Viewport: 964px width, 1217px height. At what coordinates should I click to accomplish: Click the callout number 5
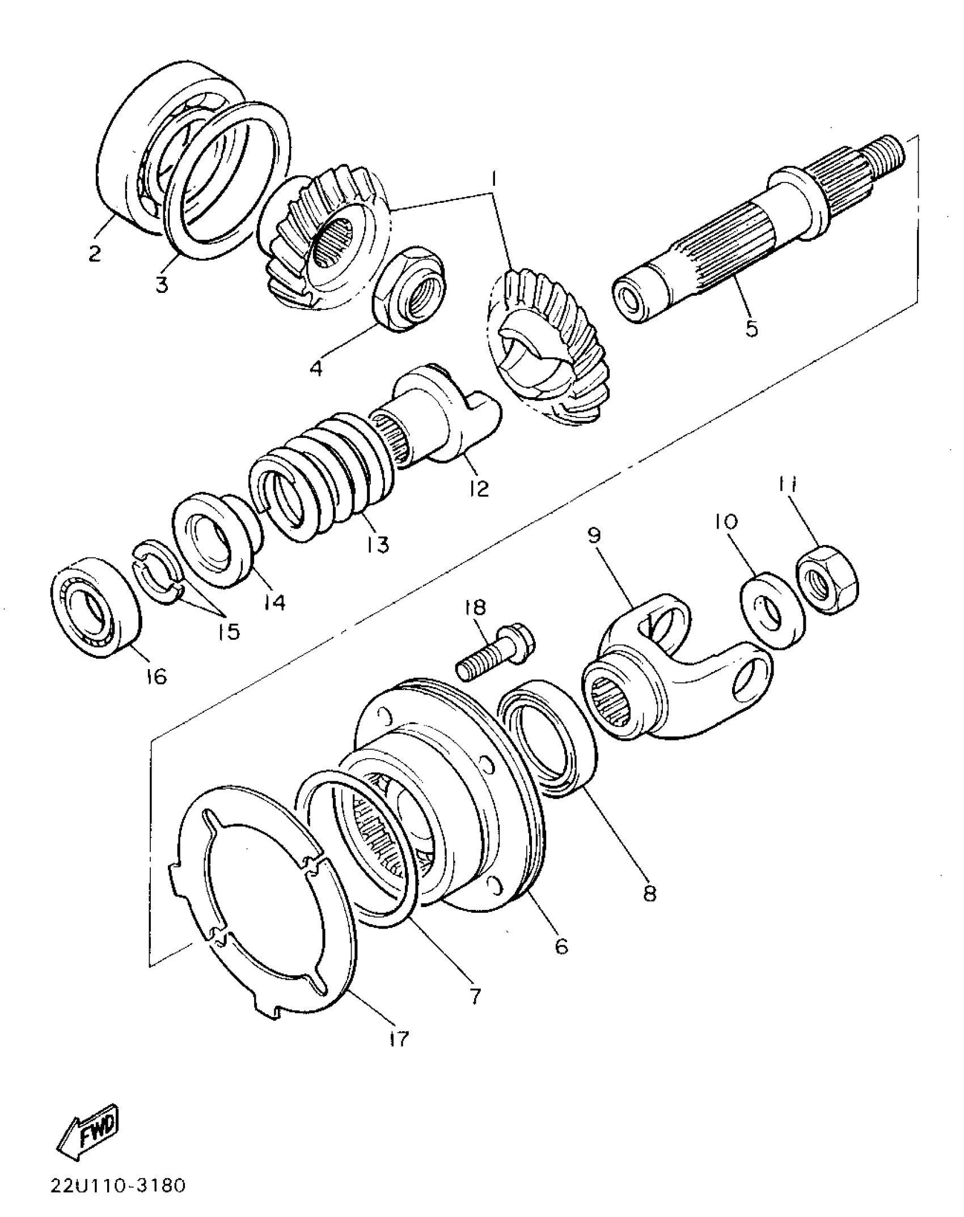tap(751, 327)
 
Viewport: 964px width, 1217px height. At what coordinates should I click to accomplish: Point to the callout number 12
tap(479, 488)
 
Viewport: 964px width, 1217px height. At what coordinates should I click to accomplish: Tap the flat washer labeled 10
tap(773, 610)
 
